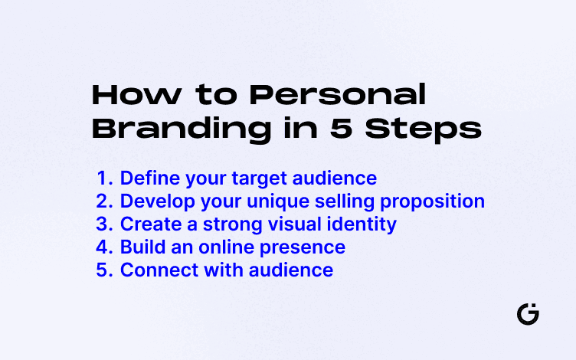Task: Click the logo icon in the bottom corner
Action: pos(528,314)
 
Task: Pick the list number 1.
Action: pos(104,178)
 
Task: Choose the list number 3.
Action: pos(104,224)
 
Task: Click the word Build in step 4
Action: pos(140,247)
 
